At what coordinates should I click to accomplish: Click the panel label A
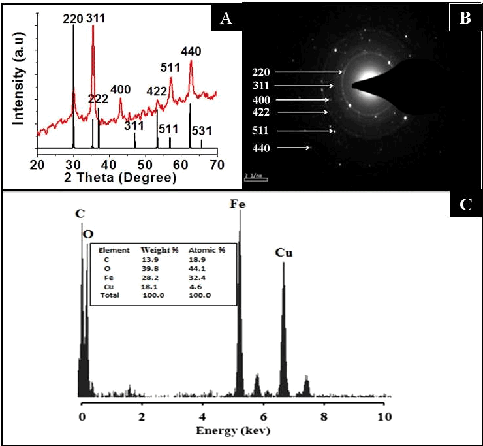[226, 18]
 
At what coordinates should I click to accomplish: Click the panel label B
[465, 18]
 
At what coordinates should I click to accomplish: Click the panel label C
[465, 205]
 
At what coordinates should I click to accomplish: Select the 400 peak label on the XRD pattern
[121, 89]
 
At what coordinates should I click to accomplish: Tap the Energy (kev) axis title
[234, 430]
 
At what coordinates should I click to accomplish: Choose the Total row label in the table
[110, 296]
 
